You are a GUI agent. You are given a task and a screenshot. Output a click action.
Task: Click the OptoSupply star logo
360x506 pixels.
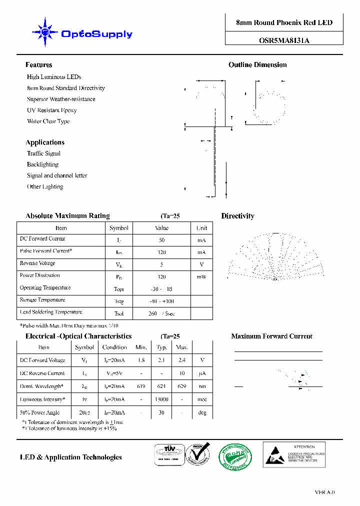[45, 32]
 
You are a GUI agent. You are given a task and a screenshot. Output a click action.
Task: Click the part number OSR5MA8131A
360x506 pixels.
[284, 41]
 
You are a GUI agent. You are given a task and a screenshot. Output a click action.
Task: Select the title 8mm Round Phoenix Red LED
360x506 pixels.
[284, 22]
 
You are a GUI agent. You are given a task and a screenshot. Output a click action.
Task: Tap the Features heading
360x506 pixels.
[39, 65]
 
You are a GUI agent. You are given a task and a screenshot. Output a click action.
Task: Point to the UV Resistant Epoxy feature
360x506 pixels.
[52, 110]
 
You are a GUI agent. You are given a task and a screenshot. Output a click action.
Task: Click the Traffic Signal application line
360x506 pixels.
[43, 153]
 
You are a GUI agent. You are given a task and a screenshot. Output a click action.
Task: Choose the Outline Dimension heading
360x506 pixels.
[257, 65]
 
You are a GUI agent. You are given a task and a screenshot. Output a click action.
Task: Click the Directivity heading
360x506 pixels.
[237, 216]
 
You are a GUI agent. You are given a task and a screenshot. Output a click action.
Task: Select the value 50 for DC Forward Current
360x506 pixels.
[161, 240]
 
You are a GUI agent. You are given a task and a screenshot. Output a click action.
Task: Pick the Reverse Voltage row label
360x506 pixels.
[37, 263]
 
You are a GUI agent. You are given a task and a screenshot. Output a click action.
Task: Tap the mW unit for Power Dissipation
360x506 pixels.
[201, 276]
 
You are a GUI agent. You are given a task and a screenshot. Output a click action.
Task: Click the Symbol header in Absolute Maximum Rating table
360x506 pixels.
[119, 228]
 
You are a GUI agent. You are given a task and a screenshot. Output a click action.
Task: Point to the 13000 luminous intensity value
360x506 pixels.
[161, 399]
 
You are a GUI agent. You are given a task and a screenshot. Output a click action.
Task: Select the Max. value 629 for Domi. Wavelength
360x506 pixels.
[181, 386]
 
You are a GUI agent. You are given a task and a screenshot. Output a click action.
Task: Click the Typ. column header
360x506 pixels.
[161, 347]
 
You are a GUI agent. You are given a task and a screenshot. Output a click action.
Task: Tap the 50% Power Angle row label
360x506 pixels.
[39, 412]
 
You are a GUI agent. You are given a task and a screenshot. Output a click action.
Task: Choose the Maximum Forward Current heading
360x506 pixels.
[271, 336]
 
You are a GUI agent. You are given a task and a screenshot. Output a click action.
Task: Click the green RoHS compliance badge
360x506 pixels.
[235, 456]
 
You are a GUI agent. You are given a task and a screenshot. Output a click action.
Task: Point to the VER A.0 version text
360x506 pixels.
[324, 492]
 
